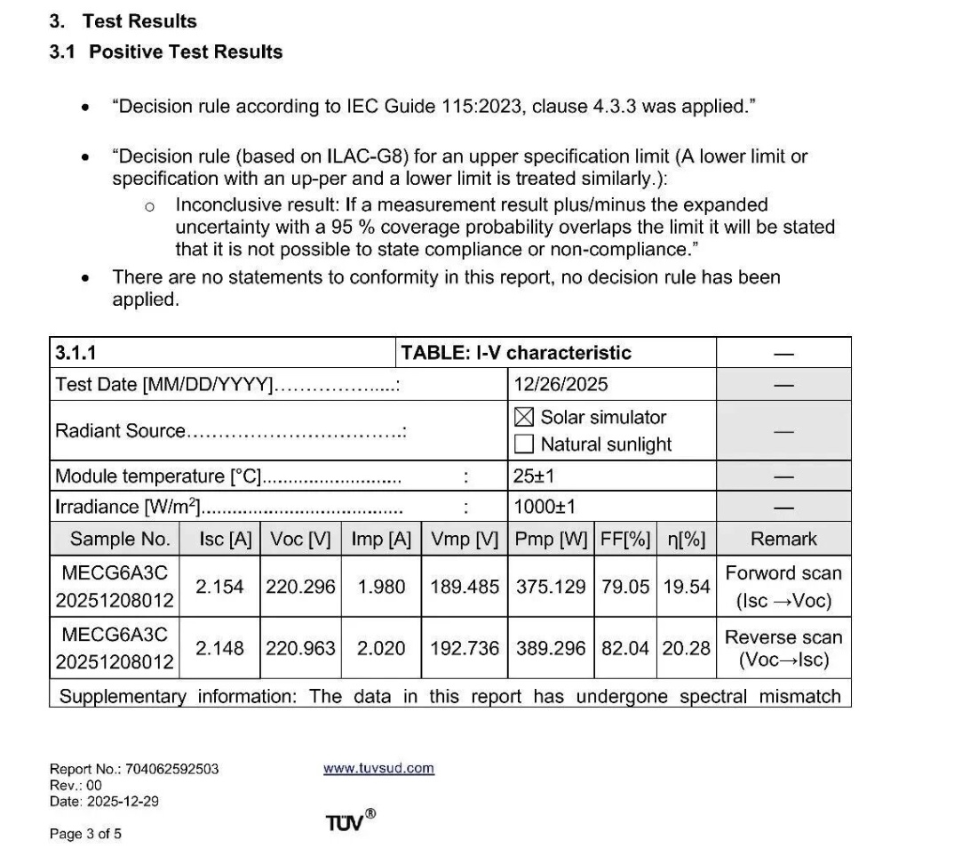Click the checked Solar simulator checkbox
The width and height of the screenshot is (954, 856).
[524, 417]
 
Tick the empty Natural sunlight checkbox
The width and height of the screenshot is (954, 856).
[524, 444]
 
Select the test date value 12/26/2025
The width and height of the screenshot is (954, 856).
[560, 384]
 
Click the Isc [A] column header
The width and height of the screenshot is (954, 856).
[219, 539]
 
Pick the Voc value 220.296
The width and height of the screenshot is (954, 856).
[300, 587]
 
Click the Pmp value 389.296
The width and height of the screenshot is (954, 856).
[552, 649]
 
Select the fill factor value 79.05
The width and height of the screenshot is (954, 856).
[625, 587]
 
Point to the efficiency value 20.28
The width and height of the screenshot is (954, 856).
[686, 649]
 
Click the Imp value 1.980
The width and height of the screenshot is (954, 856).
[381, 587]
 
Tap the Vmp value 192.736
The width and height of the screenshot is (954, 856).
[465, 649]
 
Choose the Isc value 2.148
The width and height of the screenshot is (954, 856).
[219, 649]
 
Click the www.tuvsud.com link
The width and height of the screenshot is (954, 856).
[378, 768]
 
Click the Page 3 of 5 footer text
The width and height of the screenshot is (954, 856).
[85, 834]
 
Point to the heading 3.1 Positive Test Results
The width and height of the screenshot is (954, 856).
[166, 52]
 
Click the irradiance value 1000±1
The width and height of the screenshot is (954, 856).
[545, 507]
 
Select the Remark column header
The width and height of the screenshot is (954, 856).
[783, 539]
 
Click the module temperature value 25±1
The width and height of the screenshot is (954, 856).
[534, 476]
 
